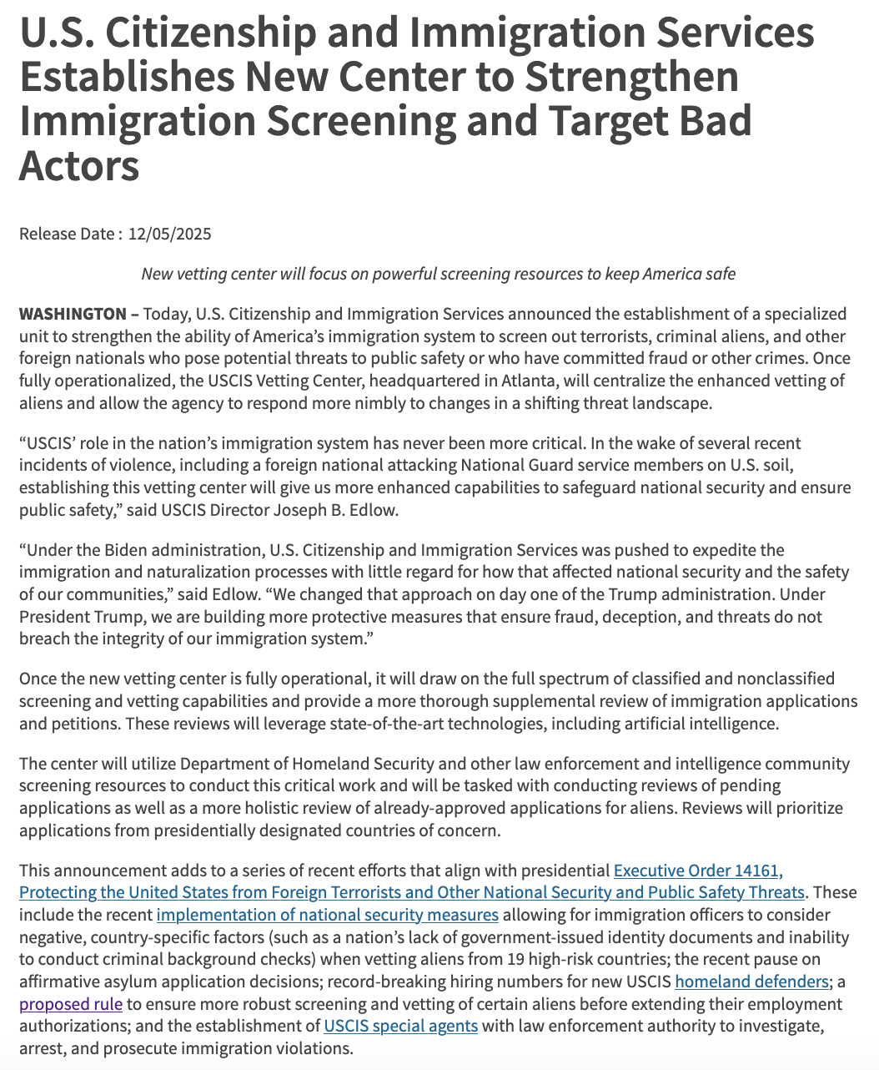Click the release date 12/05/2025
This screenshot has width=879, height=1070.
170,234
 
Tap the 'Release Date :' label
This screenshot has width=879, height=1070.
70,234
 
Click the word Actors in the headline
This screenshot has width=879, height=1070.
79,165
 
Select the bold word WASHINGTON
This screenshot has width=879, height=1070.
73,315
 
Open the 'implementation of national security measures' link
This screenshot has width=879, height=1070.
328,915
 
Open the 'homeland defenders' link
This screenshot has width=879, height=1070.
751,982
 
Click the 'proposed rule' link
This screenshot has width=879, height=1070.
71,1003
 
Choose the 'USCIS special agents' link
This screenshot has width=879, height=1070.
400,1025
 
